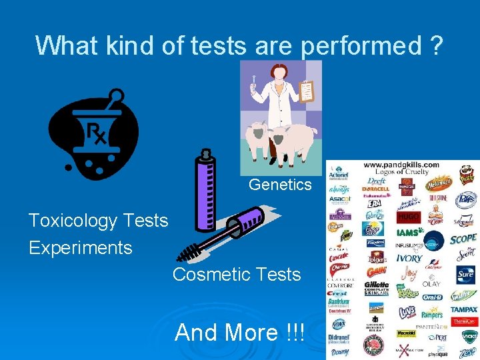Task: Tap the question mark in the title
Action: click(x=437, y=45)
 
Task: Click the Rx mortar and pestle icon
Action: click(x=93, y=134)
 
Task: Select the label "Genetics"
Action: click(x=280, y=184)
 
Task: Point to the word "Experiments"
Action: click(x=80, y=248)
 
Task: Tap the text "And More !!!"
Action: click(x=239, y=332)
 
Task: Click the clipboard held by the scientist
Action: click(x=306, y=91)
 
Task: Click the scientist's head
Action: click(x=277, y=70)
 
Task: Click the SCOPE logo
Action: click(x=463, y=238)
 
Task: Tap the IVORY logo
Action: click(x=409, y=258)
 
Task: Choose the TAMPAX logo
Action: click(x=463, y=309)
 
